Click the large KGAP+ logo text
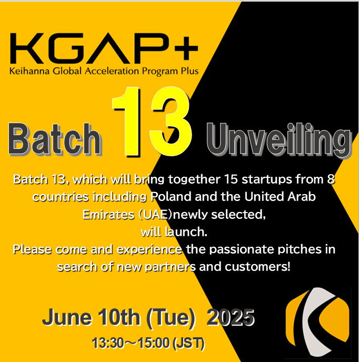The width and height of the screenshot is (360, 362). (104, 48)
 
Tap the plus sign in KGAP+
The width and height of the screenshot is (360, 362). (187, 48)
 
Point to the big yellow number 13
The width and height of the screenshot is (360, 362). (152, 122)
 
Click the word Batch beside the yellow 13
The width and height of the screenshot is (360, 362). (55, 139)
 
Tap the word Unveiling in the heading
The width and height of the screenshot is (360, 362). (279, 139)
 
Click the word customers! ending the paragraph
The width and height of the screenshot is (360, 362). (257, 267)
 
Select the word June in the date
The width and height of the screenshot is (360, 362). (67, 317)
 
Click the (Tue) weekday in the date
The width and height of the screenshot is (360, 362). (171, 318)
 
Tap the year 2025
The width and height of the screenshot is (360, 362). (231, 317)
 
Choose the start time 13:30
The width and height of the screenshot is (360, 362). (108, 343)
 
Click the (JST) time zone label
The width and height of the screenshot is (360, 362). (188, 343)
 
